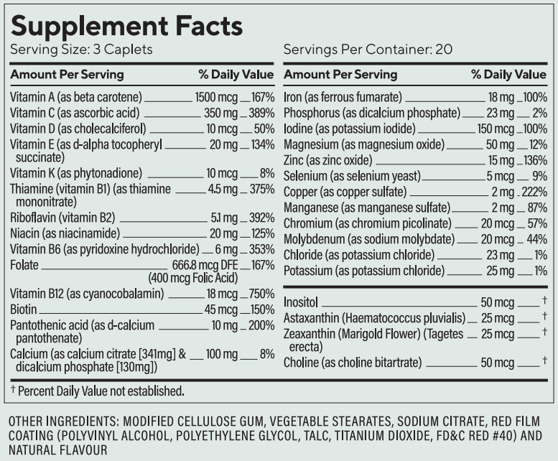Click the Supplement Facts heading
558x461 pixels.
click(126, 25)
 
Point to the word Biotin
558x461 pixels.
click(25, 309)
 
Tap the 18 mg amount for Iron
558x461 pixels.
click(498, 97)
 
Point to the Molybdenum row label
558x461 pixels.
click(369, 239)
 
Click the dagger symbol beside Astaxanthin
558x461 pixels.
click(546, 317)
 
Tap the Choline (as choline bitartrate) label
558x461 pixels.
click(352, 363)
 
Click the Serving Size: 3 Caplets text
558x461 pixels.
click(81, 50)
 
